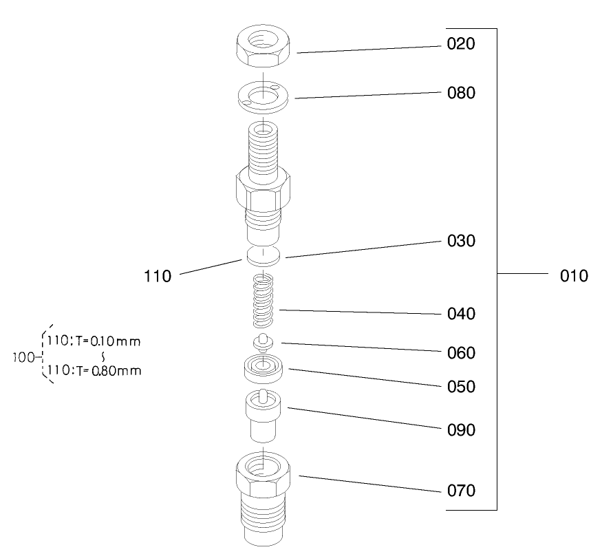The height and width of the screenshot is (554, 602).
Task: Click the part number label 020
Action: pyautogui.click(x=460, y=45)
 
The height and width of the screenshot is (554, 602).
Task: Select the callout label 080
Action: pyautogui.click(x=460, y=93)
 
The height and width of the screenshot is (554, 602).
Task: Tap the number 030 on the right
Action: pyautogui.click(x=460, y=242)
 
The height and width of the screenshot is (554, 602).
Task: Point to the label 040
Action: pyautogui.click(x=460, y=315)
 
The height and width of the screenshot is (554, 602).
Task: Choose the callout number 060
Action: pyautogui.click(x=460, y=353)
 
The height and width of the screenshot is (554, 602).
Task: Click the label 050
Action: pyautogui.click(x=460, y=387)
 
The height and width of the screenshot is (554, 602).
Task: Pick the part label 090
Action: pyautogui.click(x=460, y=430)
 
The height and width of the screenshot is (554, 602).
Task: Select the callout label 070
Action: pyautogui.click(x=460, y=491)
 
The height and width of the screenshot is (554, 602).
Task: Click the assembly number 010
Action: pyautogui.click(x=574, y=277)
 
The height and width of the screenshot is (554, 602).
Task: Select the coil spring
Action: pyautogui.click(x=264, y=301)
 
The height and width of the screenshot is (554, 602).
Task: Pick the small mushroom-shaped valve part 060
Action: pyautogui.click(x=264, y=342)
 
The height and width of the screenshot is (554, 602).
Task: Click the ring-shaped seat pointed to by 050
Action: pyautogui.click(x=264, y=369)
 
